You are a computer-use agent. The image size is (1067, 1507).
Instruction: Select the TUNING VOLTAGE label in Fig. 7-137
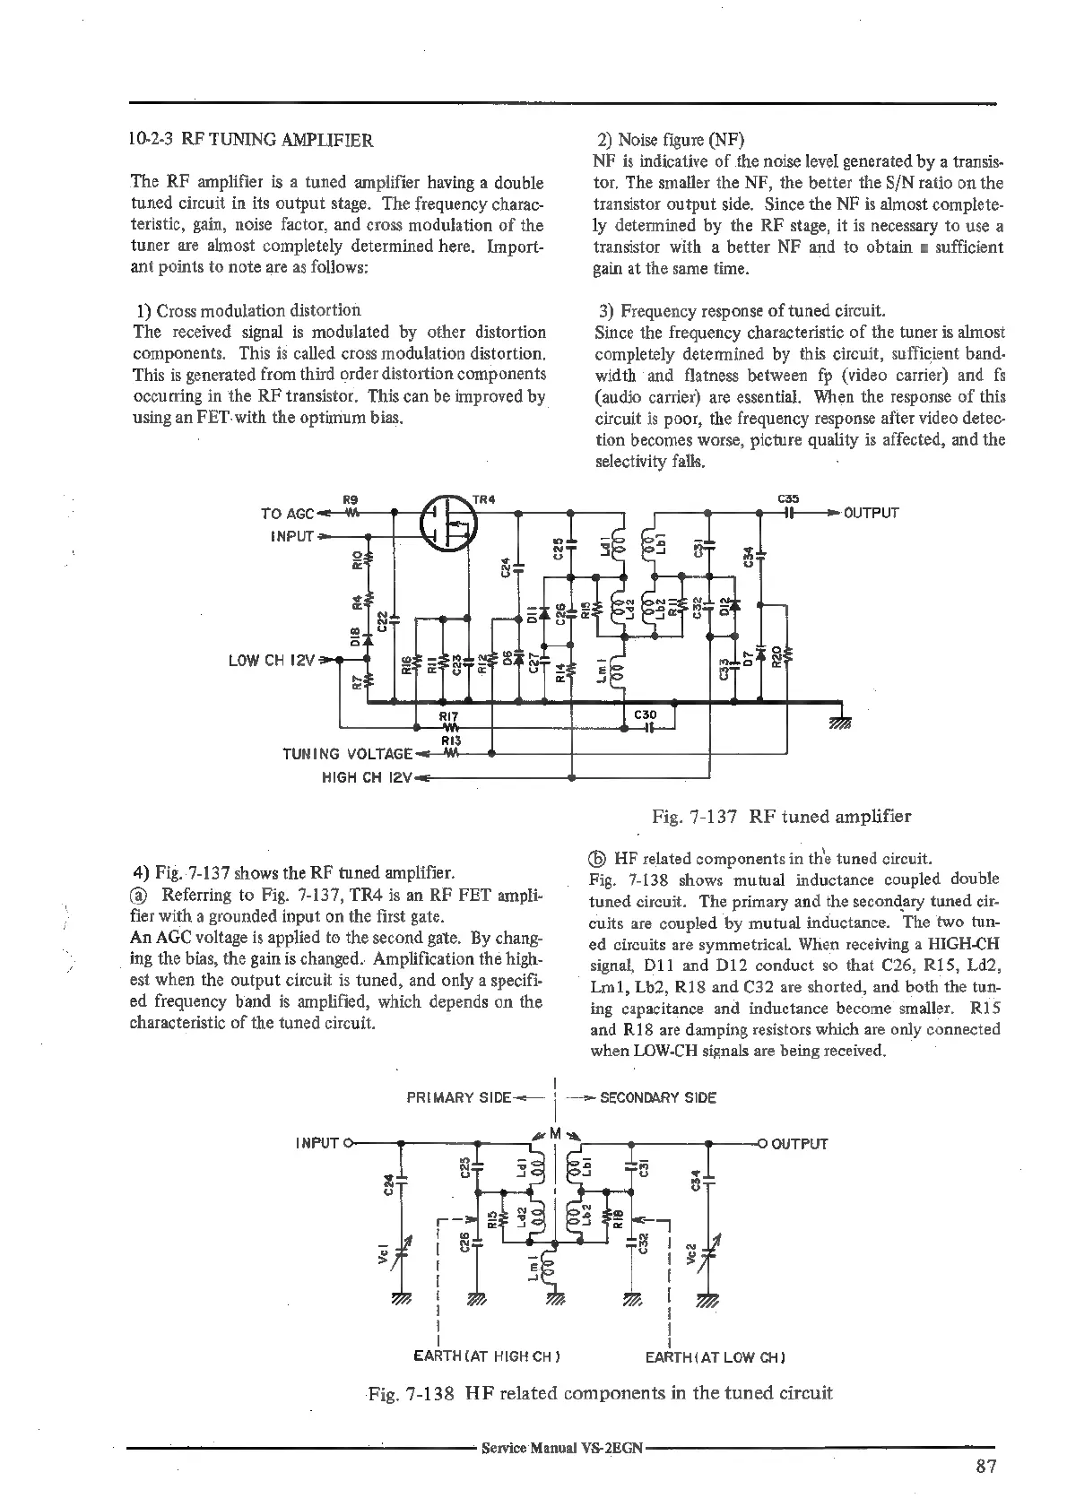point(348,754)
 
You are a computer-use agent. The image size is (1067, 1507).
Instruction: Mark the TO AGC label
point(287,514)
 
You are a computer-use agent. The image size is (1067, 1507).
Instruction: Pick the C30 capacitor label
point(646,715)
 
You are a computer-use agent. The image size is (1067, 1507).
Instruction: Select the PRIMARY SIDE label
point(458,1097)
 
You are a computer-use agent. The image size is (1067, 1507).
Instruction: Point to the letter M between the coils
point(556,1130)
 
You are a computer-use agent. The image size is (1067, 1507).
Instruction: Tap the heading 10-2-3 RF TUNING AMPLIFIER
point(250,140)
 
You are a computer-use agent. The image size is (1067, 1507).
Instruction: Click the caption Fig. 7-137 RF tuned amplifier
point(782,816)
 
